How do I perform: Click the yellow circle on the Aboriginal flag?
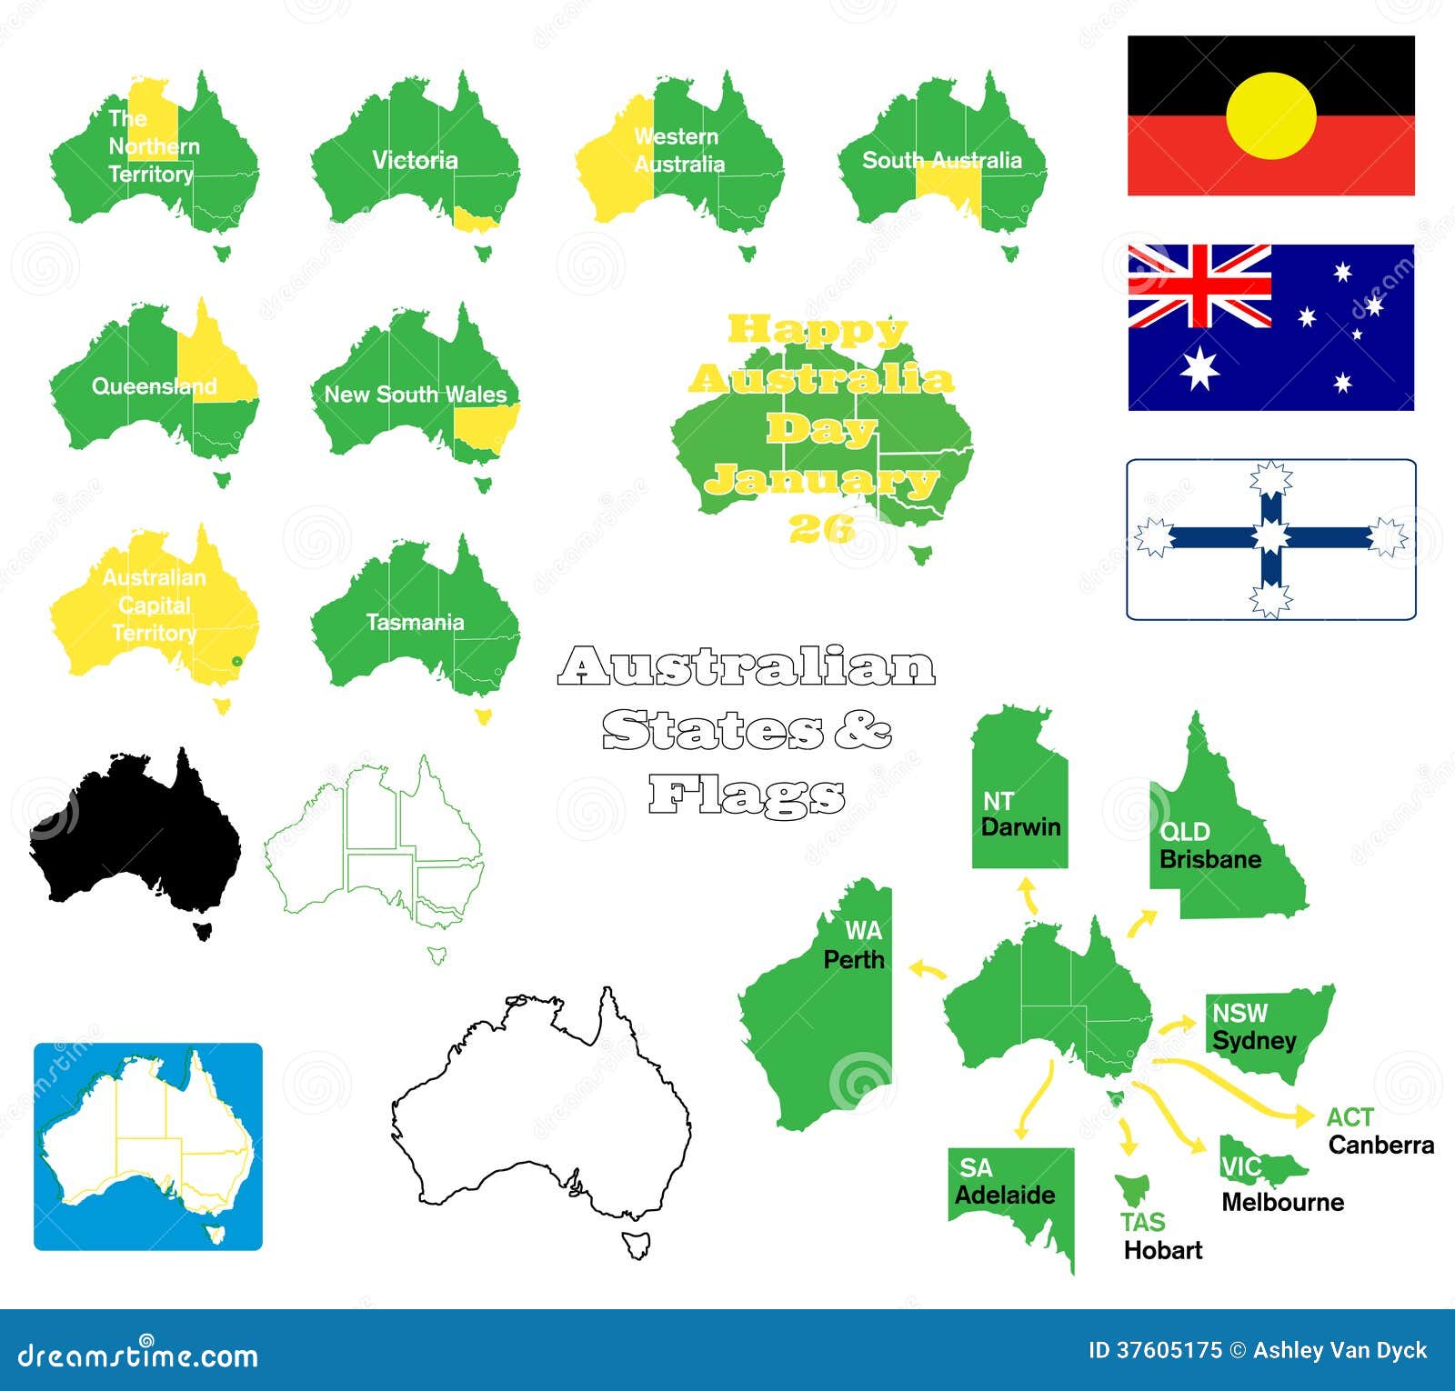click(x=1270, y=116)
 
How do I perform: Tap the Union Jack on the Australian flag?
click(x=1199, y=285)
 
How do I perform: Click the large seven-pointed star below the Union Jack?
click(x=1199, y=367)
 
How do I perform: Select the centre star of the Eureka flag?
click(x=1270, y=537)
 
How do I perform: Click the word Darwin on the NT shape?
click(x=1021, y=827)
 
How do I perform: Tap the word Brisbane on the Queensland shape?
click(x=1210, y=859)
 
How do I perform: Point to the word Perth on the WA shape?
click(x=853, y=959)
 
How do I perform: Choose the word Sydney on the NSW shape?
click(x=1254, y=1040)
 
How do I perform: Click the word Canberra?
click(x=1380, y=1145)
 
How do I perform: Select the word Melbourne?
click(x=1282, y=1202)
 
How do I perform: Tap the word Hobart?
click(x=1162, y=1250)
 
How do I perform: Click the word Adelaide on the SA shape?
click(x=1005, y=1195)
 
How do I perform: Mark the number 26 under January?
click(x=821, y=527)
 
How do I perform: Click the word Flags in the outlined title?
click(x=747, y=796)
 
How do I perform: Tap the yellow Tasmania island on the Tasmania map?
click(x=483, y=716)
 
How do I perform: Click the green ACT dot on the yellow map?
click(x=236, y=661)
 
